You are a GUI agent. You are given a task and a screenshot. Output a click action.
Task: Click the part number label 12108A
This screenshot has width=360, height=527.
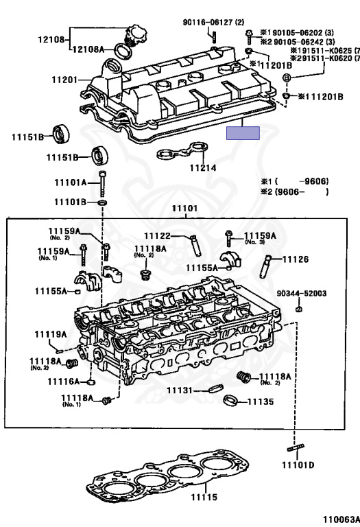coord(89,49)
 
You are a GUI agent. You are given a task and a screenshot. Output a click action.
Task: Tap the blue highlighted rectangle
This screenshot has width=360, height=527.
coord(243,133)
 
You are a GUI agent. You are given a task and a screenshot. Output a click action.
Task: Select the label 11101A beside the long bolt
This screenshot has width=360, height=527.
coord(71,183)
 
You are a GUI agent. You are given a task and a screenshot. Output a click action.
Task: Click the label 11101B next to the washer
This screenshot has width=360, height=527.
coord(71,203)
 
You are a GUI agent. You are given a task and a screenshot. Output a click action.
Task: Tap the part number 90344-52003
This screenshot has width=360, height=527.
coord(301,293)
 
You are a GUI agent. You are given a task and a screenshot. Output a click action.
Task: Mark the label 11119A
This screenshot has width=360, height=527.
coord(51,334)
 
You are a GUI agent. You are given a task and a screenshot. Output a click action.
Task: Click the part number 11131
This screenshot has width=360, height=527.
coord(183,390)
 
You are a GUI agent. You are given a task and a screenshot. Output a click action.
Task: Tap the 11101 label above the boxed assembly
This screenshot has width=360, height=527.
coord(184,208)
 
